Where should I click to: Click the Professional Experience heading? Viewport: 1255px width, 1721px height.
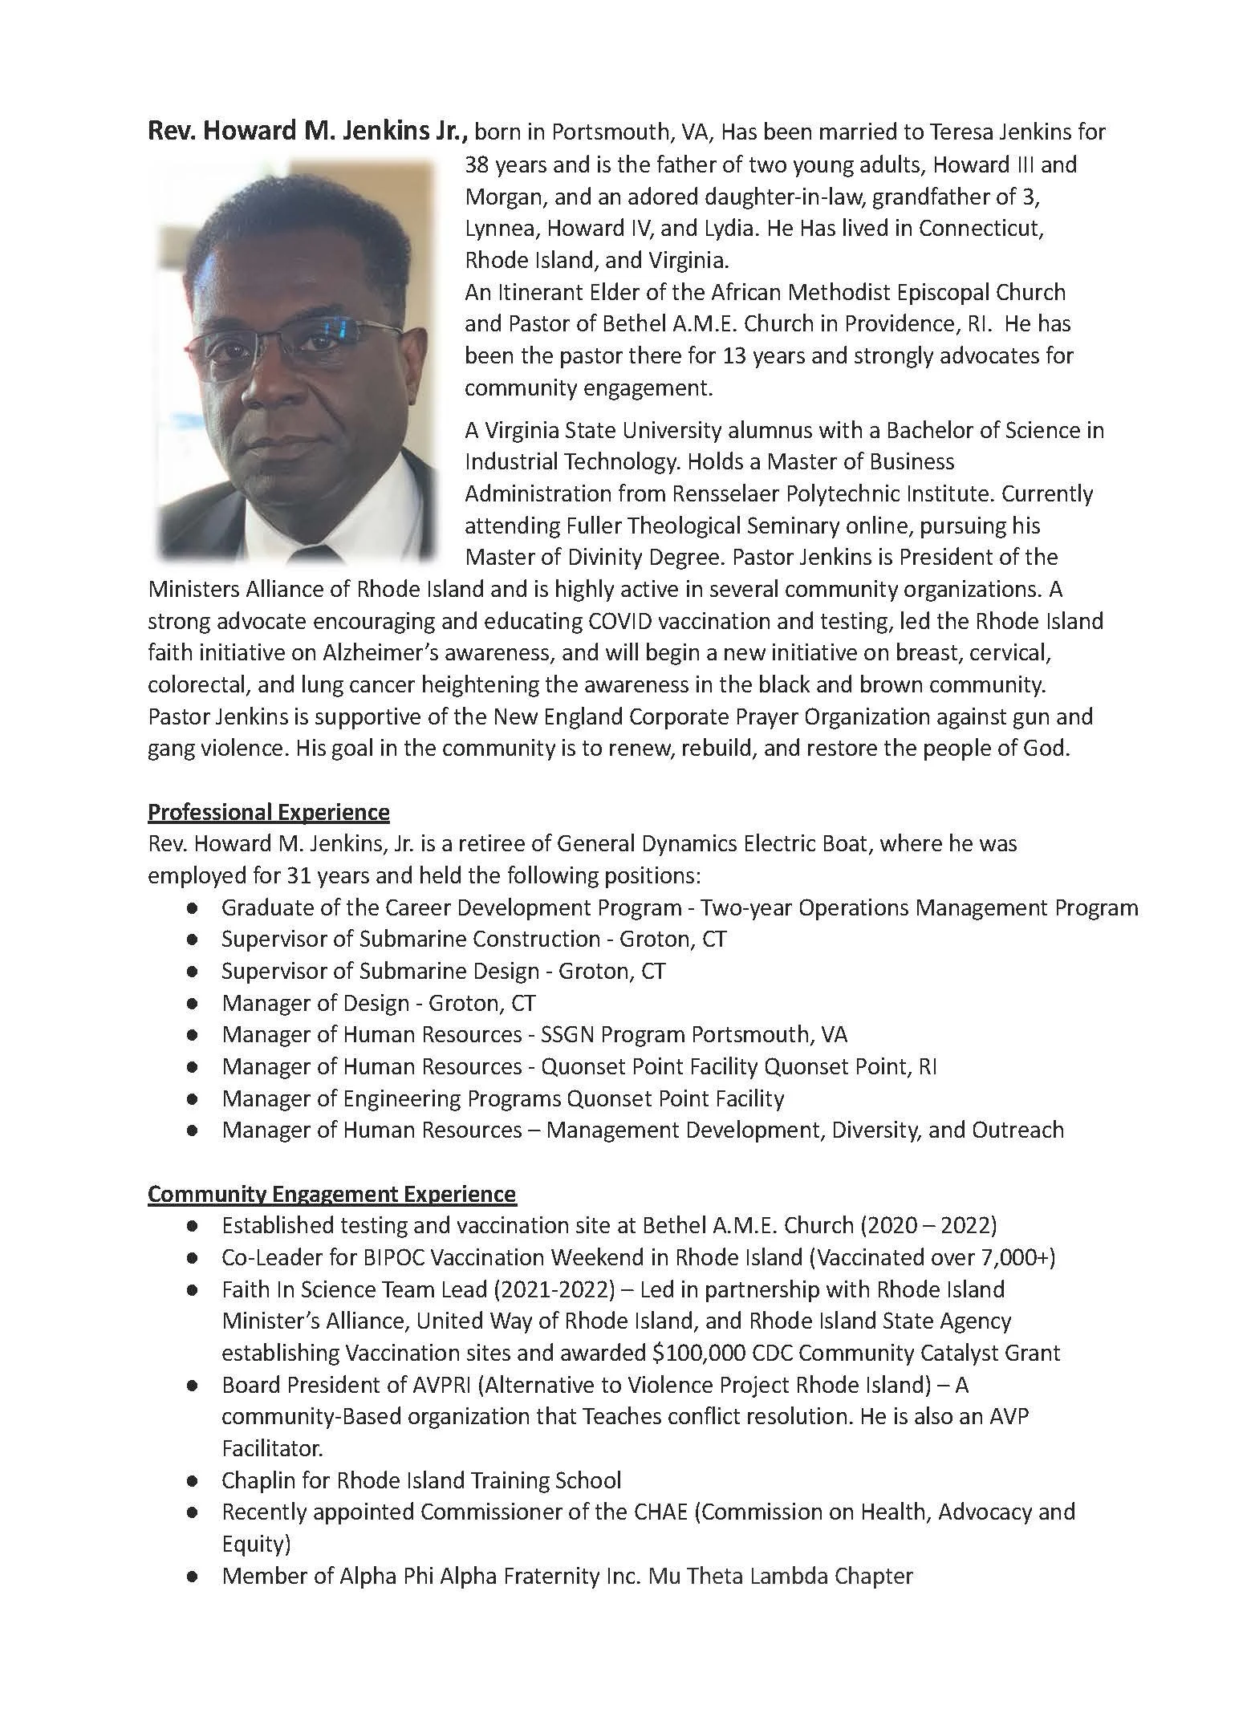(268, 812)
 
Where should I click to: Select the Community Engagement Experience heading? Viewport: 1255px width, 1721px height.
(331, 1194)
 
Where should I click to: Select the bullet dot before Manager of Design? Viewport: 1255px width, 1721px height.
(192, 1004)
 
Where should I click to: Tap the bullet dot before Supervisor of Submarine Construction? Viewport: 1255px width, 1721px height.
(192, 940)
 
